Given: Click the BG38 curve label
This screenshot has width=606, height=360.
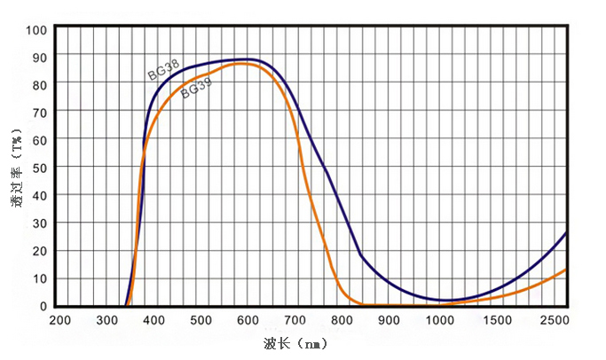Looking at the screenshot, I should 163,70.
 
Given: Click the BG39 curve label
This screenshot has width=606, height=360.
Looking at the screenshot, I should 197,87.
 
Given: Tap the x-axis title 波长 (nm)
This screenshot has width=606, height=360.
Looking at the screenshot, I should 296,342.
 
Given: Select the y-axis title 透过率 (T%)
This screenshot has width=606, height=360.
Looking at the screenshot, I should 15,168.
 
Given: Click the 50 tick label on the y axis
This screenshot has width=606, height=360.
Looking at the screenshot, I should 39,168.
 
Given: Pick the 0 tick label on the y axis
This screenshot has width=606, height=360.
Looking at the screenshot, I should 43,306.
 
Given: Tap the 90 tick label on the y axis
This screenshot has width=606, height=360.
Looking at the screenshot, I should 39,57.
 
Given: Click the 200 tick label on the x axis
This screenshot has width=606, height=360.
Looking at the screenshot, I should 59,321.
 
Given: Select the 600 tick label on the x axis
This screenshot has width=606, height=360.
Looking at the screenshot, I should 248,321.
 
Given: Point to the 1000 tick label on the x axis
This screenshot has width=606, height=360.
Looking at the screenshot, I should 437,321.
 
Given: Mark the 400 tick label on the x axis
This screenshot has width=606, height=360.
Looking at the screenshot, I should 154,321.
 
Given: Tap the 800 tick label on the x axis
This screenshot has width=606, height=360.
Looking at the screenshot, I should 343,321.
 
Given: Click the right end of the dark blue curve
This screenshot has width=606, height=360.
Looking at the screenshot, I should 565,232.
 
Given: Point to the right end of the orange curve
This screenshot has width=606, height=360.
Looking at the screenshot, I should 565,270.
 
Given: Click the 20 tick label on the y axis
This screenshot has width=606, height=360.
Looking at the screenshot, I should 39,251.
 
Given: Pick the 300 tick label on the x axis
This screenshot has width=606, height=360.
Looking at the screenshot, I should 106,321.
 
